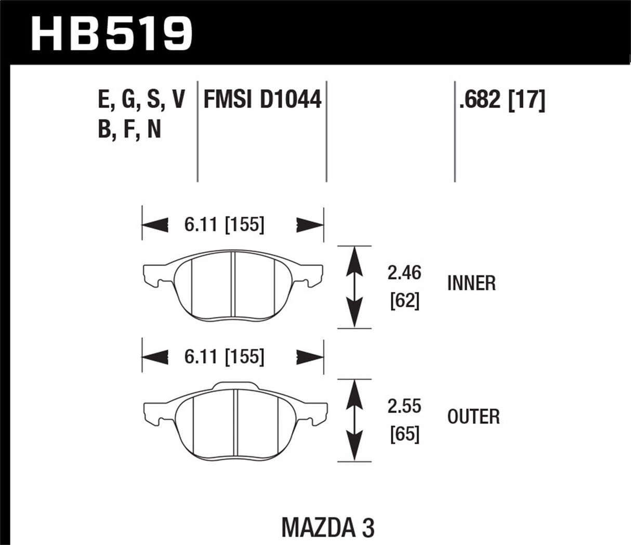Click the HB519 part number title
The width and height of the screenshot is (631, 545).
[x=111, y=32]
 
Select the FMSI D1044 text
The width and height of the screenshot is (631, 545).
[x=262, y=100]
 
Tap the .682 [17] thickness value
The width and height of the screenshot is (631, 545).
[x=502, y=100]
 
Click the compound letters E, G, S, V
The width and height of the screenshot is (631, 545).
[x=141, y=100]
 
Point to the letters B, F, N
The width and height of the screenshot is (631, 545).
[x=129, y=129]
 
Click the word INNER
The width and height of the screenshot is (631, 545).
[x=471, y=284]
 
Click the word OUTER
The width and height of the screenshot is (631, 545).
[x=473, y=417]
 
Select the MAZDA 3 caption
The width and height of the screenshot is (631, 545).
[x=327, y=528]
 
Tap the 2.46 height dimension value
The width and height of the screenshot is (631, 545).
[x=404, y=273]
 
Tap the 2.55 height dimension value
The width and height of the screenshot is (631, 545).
[x=404, y=406]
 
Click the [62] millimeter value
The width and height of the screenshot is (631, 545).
[x=404, y=301]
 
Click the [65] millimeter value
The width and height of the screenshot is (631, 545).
[x=404, y=434]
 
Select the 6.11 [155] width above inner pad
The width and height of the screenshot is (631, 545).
[x=224, y=225]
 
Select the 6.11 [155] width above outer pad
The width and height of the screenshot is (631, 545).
[x=224, y=357]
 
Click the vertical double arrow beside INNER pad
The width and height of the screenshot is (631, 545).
[x=354, y=287]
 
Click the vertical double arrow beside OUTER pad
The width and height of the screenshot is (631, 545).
[x=354, y=420]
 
